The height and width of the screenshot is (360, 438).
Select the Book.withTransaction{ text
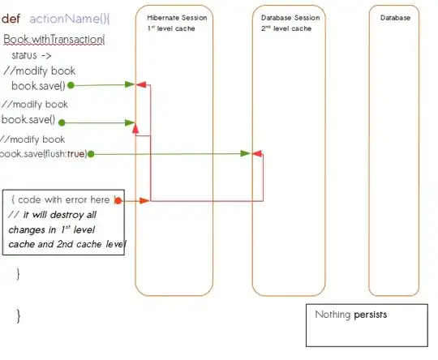coord(54,39)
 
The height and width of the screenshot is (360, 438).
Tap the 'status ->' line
coord(32,54)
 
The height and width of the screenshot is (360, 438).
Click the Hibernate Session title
coord(177,17)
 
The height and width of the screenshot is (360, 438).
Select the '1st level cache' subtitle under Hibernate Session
coord(172,28)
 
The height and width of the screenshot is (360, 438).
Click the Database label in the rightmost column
coord(395,17)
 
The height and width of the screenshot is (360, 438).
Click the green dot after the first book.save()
coord(71,84)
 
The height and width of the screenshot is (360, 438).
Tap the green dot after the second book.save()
coord(61,122)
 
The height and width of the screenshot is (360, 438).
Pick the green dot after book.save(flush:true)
coord(91,153)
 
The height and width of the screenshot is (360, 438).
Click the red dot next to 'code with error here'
coord(118,199)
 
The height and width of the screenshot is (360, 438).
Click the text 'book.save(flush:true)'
coord(43,153)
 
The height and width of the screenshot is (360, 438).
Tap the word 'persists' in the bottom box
coord(370,315)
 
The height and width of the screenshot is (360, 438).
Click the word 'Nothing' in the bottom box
coord(333,315)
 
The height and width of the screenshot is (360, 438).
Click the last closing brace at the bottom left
coord(19,313)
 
